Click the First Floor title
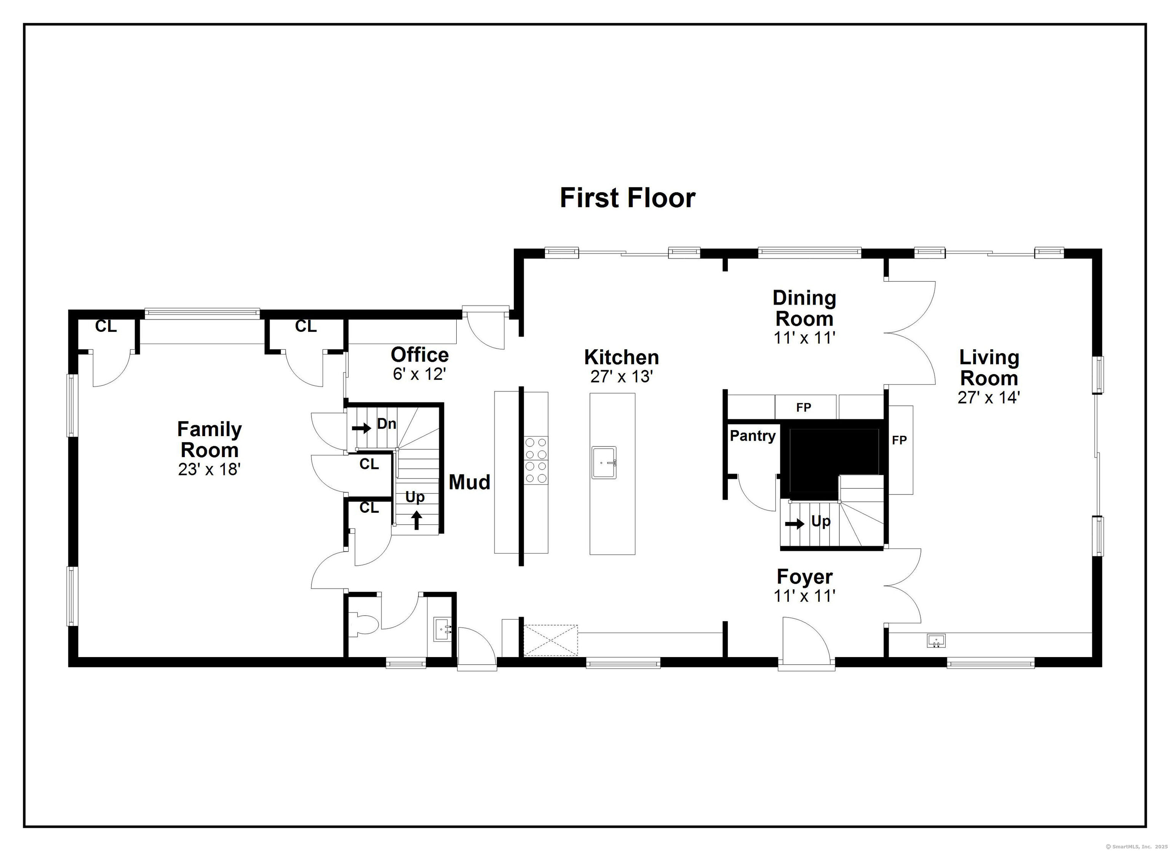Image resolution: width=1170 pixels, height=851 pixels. click(627, 198)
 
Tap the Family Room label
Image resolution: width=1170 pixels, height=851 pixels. click(209, 439)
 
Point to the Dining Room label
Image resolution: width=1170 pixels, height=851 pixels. click(804, 308)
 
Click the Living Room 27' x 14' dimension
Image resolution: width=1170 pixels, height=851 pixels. click(989, 397)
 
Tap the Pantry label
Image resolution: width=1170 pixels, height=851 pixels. click(753, 436)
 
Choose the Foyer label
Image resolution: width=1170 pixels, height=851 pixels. click(805, 576)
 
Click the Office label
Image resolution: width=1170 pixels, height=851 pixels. click(419, 355)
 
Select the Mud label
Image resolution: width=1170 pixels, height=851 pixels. click(470, 482)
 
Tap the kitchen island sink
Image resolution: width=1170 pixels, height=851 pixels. click(604, 463)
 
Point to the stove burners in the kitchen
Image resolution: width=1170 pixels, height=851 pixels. click(536, 460)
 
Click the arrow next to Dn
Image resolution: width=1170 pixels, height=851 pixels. click(362, 428)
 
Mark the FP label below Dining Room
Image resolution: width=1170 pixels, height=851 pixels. click(804, 408)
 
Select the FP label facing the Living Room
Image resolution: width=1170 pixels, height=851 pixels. click(899, 440)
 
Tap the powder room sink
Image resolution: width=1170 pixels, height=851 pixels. click(442, 630)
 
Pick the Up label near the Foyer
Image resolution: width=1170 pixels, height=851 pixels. click(821, 522)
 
